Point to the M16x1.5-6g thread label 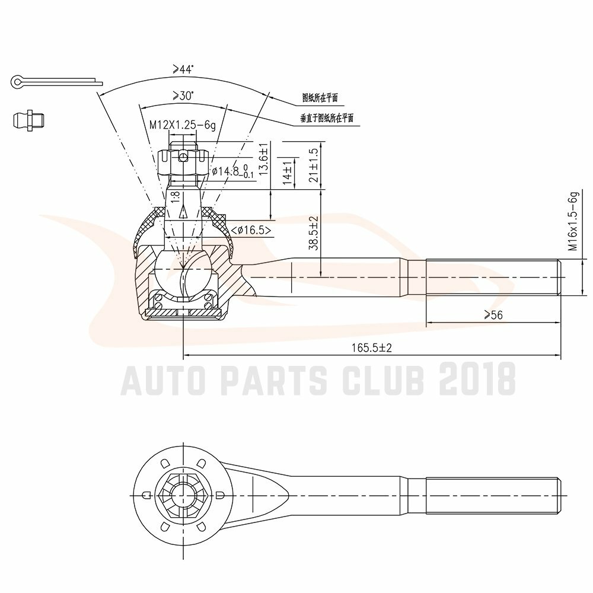(x=573, y=222)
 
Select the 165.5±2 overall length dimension (x=372, y=348)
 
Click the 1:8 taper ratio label (x=176, y=198)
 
